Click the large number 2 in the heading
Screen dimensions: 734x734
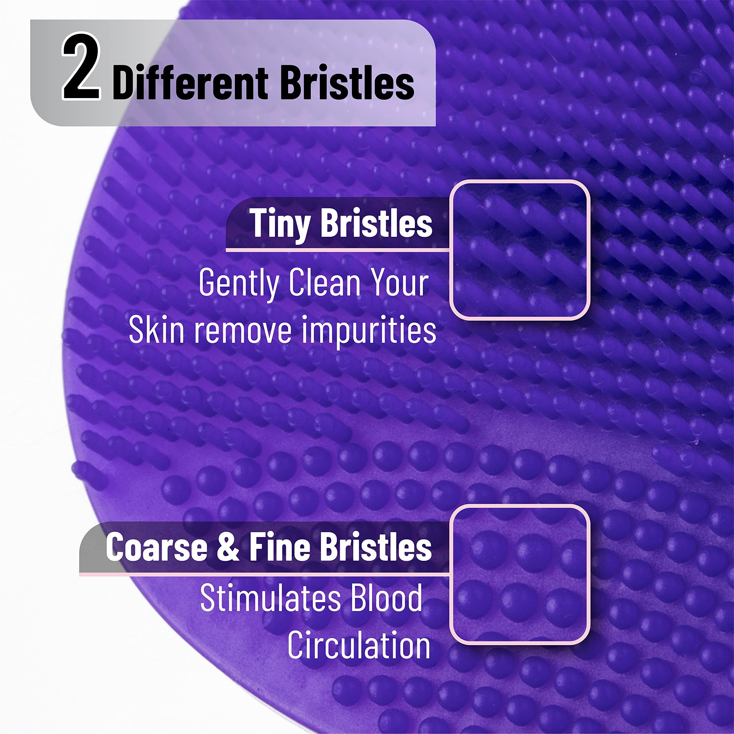[81, 67]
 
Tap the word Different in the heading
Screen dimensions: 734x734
[190, 83]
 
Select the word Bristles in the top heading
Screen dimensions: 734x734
[347, 83]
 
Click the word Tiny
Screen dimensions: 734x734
[280, 224]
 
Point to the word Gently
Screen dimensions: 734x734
[239, 283]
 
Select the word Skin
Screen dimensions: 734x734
[157, 329]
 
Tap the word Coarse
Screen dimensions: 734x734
[157, 547]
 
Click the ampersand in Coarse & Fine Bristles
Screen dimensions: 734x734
[228, 547]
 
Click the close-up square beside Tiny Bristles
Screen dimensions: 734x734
[519, 250]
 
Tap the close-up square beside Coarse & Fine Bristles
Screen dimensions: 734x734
[519, 575]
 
